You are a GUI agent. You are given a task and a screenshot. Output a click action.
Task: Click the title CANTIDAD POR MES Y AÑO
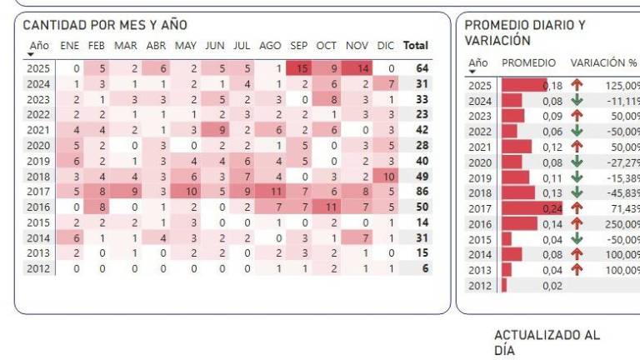tap(105, 26)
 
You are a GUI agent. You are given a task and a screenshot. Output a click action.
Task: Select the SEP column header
tap(298, 46)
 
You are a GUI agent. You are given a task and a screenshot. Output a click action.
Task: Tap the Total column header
tap(415, 46)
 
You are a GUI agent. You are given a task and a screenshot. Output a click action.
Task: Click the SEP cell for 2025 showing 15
tap(299, 68)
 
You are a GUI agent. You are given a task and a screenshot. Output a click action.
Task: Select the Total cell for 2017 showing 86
tap(421, 190)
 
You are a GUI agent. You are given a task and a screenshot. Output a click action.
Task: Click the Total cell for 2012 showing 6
tap(425, 268)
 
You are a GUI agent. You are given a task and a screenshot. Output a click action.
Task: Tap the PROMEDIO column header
tap(528, 62)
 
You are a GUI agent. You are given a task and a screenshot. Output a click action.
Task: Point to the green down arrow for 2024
tap(577, 101)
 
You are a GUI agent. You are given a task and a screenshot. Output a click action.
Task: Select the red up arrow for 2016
tap(577, 224)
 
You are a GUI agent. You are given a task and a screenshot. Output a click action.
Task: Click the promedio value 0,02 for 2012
tap(552, 286)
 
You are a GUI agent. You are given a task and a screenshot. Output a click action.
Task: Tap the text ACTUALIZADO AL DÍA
tap(547, 342)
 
